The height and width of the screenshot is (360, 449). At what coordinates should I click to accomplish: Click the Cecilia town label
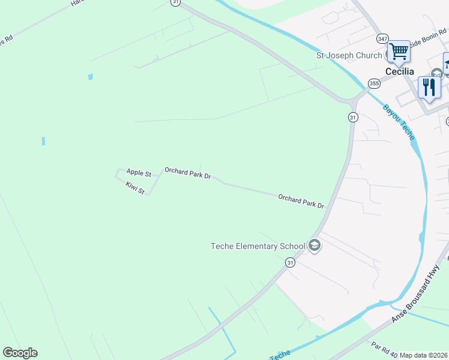pyautogui.click(x=399, y=71)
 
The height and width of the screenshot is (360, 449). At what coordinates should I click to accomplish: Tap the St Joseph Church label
pyautogui.click(x=349, y=55)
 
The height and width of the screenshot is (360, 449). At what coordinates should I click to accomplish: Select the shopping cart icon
pyautogui.click(x=399, y=51)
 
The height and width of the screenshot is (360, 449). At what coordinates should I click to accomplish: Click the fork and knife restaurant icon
pyautogui.click(x=429, y=88)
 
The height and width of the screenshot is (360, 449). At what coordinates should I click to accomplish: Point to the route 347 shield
pyautogui.click(x=382, y=38)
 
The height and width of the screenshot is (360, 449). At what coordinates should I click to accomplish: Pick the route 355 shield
pyautogui.click(x=375, y=83)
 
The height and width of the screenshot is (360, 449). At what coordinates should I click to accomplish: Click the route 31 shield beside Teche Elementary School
pyautogui.click(x=291, y=262)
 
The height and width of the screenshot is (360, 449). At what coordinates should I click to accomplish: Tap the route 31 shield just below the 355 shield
pyautogui.click(x=353, y=117)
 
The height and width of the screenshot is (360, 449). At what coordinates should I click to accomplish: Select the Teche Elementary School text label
pyautogui.click(x=258, y=246)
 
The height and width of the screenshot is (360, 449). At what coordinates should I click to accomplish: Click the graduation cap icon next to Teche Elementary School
pyautogui.click(x=314, y=245)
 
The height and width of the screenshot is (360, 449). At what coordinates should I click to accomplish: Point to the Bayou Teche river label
pyautogui.click(x=399, y=121)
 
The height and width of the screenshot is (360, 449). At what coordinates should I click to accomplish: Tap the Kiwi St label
pyautogui.click(x=135, y=188)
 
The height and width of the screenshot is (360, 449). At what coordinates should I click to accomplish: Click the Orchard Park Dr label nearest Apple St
pyautogui.click(x=188, y=173)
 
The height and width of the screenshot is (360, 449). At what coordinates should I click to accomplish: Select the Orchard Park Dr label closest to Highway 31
pyautogui.click(x=301, y=201)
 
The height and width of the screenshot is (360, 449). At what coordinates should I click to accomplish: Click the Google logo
pyautogui.click(x=20, y=353)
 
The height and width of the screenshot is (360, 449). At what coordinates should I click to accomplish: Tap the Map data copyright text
pyautogui.click(x=423, y=355)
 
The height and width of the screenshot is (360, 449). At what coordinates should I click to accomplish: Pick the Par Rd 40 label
pyautogui.click(x=385, y=349)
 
